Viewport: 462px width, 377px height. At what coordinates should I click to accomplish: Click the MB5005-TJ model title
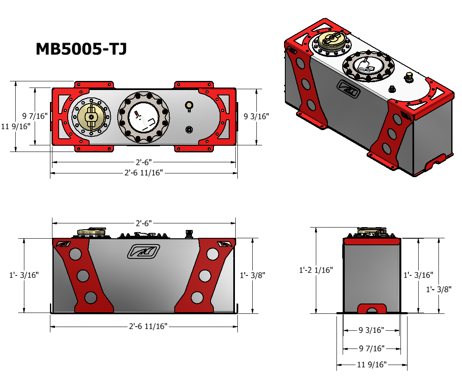coord(81,49)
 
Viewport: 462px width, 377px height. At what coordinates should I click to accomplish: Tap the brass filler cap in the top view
coord(91,116)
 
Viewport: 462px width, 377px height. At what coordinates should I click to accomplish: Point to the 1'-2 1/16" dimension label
coord(316,270)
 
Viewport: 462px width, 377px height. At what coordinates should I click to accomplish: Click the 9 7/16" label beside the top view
coord(35,116)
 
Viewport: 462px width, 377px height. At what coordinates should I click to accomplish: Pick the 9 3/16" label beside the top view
coord(256,116)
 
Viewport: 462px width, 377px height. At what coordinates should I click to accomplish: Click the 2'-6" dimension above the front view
coord(144,223)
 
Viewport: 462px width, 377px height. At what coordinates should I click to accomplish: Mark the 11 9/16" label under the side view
coord(372,364)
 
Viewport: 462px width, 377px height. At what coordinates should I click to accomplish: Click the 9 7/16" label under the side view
coord(372,349)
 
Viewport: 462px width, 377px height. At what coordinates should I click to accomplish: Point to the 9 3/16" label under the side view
coord(371,330)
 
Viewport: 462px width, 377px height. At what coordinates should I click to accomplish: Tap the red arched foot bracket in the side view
coord(372,309)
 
